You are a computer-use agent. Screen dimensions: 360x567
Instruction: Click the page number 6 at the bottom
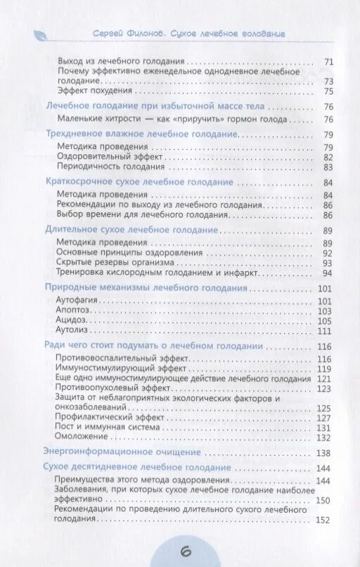(x=186, y=551)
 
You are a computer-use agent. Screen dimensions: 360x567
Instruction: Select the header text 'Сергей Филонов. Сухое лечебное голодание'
(x=188, y=34)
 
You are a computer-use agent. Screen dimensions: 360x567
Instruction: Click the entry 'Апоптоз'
(x=73, y=310)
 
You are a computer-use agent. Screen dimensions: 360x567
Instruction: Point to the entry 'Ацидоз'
(x=71, y=320)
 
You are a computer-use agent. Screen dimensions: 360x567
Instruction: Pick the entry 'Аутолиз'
(x=72, y=330)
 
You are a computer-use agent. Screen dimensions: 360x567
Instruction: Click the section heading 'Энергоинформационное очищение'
(x=122, y=452)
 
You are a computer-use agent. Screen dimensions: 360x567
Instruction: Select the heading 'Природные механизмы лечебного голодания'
(x=146, y=287)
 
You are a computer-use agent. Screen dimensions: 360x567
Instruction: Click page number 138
(x=323, y=452)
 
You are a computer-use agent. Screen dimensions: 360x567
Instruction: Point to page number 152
(x=323, y=520)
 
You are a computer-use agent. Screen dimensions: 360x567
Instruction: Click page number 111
(x=323, y=330)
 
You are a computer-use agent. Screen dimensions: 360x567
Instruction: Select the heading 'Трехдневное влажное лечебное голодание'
(x=141, y=134)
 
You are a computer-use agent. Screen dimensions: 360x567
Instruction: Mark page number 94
(x=326, y=273)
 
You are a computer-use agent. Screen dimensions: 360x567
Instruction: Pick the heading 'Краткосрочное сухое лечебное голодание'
(x=139, y=182)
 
